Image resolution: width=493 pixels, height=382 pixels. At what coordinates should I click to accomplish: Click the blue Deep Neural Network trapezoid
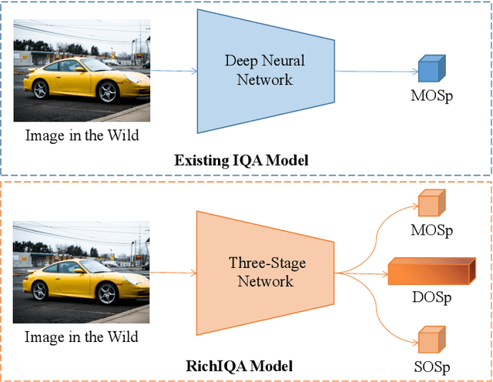point(264,71)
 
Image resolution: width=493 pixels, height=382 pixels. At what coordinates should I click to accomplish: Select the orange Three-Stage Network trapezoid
point(264,271)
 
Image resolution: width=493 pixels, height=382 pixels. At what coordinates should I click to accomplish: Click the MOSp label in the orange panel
point(432,230)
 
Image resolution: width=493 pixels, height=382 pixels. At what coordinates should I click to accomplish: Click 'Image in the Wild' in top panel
point(81,135)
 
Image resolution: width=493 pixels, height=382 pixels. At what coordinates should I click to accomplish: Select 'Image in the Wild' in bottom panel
point(81,337)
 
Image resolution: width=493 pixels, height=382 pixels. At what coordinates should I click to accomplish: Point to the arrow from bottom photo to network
point(173,272)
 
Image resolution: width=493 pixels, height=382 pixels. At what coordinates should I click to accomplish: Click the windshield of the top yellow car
point(68,65)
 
